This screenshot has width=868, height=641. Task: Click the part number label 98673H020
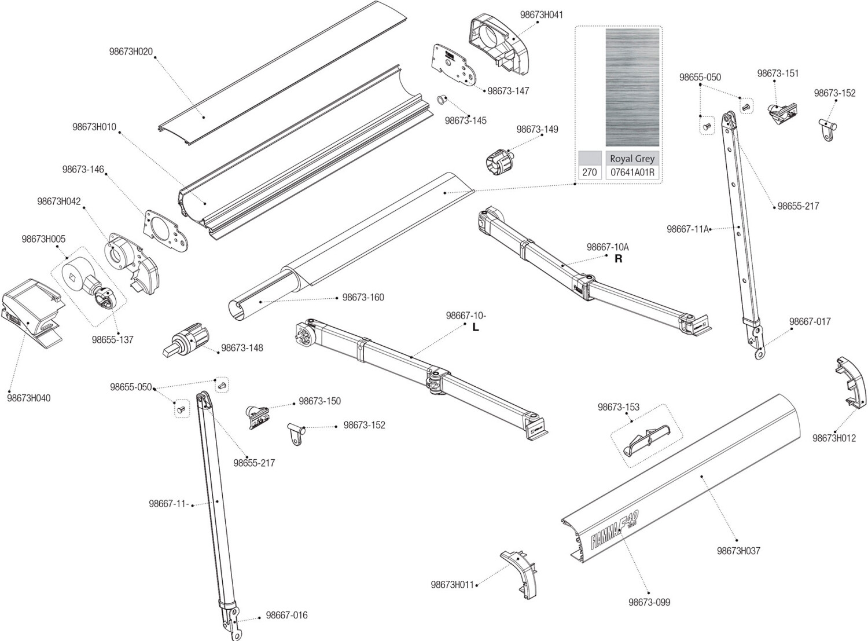coord(131,52)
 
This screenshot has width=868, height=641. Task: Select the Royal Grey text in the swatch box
coord(632,159)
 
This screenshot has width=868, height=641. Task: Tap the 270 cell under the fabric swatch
coord(589,173)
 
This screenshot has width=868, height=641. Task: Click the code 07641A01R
coord(632,173)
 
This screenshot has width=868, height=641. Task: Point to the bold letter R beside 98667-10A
coord(618,259)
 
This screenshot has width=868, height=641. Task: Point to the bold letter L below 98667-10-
coord(476,328)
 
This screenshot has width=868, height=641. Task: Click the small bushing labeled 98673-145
coord(441,100)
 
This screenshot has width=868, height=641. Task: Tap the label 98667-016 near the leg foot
coord(286,615)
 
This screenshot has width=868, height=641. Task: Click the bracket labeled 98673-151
coord(782,112)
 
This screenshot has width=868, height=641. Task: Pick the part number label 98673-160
coord(363,298)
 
